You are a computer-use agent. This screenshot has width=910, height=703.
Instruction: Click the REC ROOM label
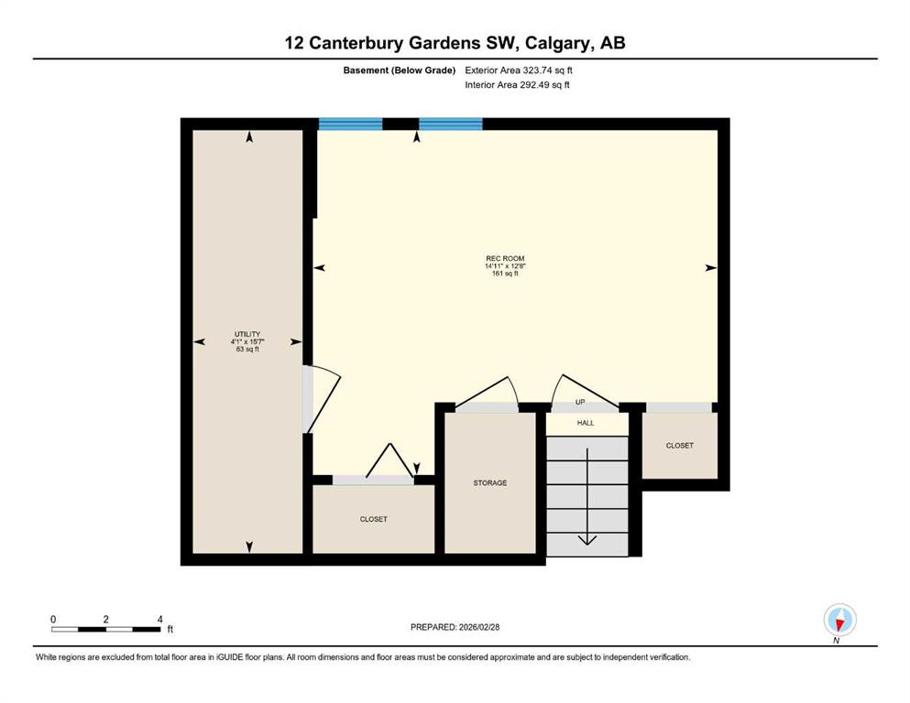(505, 258)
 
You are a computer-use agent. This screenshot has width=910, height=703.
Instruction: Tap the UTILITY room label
(247, 334)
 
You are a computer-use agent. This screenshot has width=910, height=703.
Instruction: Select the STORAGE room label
(489, 482)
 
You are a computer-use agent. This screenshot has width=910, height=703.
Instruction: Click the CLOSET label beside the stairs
(680, 446)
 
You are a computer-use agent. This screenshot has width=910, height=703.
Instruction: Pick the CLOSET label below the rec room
(373, 519)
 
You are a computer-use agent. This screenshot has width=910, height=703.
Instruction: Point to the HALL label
(586, 423)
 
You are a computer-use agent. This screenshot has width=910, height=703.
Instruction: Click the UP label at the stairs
(580, 402)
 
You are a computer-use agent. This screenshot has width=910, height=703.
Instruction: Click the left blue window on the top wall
(351, 124)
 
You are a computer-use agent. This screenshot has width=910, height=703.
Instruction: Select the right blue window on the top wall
(450, 124)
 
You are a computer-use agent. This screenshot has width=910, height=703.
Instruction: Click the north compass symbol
(839, 620)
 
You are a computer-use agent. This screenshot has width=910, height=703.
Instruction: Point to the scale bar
(105, 630)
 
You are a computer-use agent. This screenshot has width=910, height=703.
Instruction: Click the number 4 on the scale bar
(160, 619)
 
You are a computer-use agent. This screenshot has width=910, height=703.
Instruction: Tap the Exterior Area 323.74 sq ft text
(519, 70)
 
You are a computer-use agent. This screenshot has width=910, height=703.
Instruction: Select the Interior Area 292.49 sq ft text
(517, 84)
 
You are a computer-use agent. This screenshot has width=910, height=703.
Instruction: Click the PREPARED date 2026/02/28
(478, 627)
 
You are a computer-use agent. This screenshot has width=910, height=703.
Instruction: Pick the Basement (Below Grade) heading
(400, 70)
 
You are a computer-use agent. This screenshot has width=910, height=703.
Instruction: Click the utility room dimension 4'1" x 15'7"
(247, 342)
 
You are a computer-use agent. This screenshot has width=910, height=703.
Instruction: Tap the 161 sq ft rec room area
(505, 274)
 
